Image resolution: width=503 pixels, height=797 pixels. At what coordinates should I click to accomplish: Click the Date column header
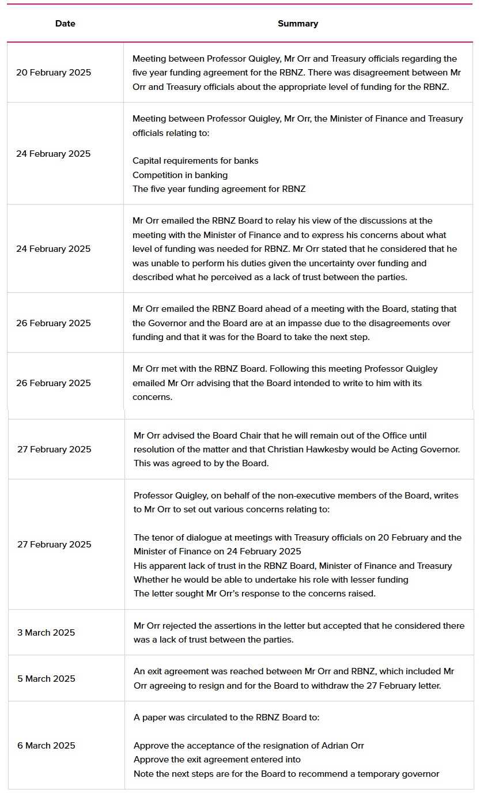(x=65, y=24)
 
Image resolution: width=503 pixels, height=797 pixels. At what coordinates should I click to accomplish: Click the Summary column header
(x=297, y=24)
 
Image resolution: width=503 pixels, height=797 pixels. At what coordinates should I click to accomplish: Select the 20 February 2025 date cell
(x=54, y=73)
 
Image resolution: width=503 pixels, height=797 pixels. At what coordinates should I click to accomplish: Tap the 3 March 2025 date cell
(x=46, y=633)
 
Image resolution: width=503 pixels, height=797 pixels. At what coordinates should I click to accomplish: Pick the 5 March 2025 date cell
(x=46, y=679)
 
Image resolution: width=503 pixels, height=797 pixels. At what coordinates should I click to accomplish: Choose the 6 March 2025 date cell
(x=46, y=746)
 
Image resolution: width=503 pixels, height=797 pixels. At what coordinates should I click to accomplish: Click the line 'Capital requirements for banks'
(x=195, y=161)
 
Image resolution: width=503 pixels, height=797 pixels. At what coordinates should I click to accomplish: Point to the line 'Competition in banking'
(x=180, y=175)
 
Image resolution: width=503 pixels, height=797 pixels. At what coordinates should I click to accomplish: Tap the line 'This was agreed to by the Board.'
(x=201, y=463)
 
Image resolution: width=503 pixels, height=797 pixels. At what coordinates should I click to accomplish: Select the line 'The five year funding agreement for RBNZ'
(x=219, y=189)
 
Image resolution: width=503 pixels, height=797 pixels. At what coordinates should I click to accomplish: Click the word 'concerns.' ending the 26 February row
(x=152, y=397)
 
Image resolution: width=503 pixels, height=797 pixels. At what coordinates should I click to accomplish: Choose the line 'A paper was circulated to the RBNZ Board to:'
(x=226, y=717)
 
